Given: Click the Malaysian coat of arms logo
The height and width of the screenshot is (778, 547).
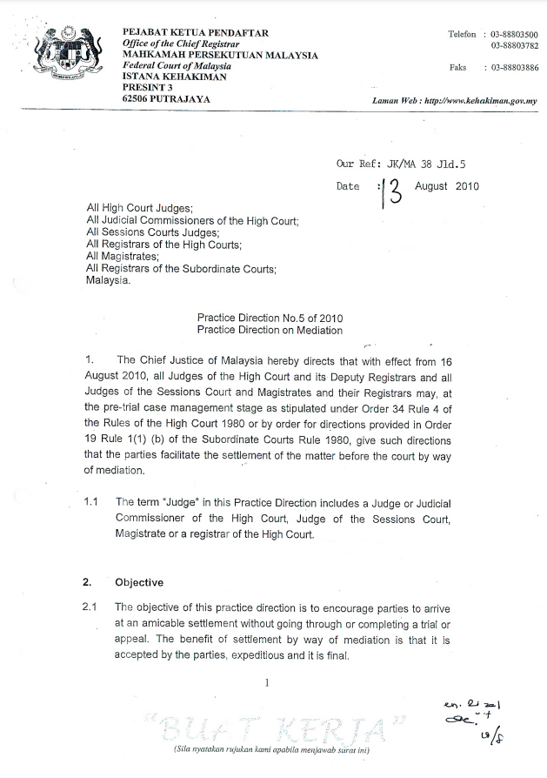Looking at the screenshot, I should point(65,56).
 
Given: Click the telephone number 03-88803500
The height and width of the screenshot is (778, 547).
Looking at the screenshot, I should point(513,34).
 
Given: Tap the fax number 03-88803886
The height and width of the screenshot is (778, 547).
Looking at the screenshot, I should point(513,67).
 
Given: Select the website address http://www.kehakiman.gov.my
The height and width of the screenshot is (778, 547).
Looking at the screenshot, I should point(477,101).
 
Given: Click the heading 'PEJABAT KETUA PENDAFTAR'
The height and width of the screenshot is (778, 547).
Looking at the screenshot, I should point(196,33).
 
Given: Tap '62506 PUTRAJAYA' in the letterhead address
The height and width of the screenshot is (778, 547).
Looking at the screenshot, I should point(166,98).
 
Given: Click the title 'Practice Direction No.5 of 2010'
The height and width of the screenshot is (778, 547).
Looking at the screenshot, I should point(269,319).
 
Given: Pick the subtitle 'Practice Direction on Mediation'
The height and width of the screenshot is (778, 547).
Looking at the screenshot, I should point(269,331).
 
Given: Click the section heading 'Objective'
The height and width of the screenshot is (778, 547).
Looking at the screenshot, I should point(139,582).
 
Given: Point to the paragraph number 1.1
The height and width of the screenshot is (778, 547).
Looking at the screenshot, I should point(90,502).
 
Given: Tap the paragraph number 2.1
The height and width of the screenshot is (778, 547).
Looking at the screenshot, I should point(90,607).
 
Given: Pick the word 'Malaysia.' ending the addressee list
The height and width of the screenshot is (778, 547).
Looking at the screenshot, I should point(107,281).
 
